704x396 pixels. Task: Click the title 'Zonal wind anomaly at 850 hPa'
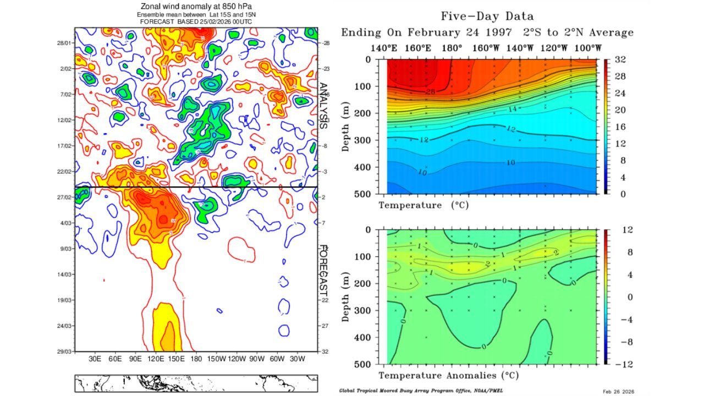[196, 6]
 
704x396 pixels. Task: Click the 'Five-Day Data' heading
[487, 16]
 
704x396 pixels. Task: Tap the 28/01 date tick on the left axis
[64, 43]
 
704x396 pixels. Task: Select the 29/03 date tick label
[64, 351]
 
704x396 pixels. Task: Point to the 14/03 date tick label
[64, 274]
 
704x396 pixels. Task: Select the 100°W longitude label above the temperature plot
[587, 48]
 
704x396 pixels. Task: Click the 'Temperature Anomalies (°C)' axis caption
[448, 376]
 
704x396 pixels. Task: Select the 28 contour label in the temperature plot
[430, 92]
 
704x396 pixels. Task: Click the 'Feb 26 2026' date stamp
[618, 391]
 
